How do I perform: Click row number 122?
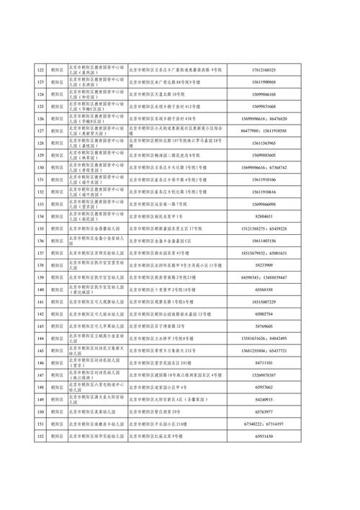coord(40,70)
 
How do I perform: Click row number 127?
coord(40,130)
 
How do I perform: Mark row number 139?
coord(40,277)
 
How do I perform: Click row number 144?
coord(40,338)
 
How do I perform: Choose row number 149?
coord(40,399)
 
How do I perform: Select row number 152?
coord(40,436)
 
